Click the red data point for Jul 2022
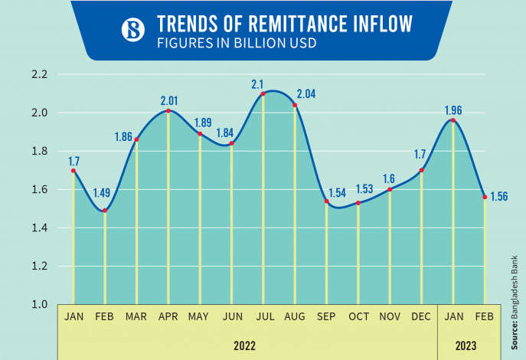coord(263,93)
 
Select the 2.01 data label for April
coord(168,100)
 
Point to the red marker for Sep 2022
coord(326,201)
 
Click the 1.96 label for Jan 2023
coord(454,109)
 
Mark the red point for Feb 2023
coord(485,197)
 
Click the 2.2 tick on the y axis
coord(40,74)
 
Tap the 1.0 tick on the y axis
coord(40,304)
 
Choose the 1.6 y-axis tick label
coord(40,189)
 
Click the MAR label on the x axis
coord(137,316)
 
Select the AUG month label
coord(295,316)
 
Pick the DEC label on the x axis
coord(421,316)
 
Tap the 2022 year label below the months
coord(246,345)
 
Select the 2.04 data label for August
coord(306,94)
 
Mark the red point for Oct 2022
coord(358,203)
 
